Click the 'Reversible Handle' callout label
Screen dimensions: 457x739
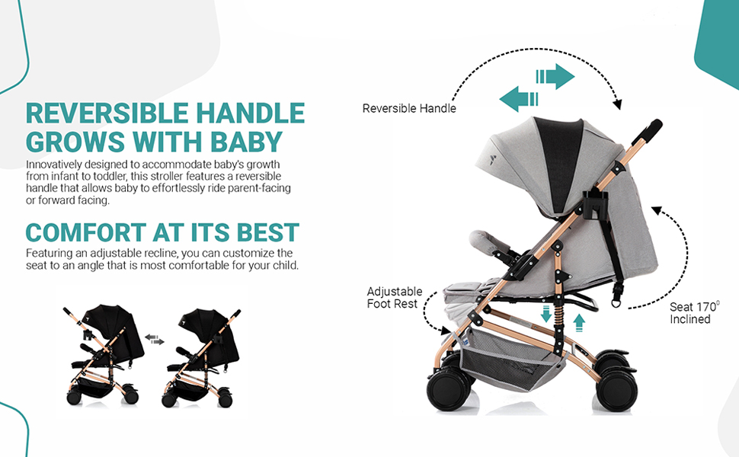tap(409, 108)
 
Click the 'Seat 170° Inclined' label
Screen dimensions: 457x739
tap(693, 313)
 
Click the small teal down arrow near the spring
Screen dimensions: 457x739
tap(545, 314)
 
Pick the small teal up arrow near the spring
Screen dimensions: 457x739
tap(580, 321)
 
